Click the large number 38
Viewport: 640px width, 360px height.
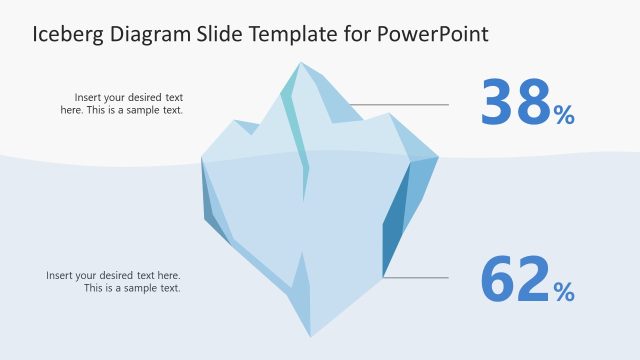(516, 104)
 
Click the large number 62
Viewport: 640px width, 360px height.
(516, 280)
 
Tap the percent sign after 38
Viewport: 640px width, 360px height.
(564, 116)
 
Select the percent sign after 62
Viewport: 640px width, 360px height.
(564, 292)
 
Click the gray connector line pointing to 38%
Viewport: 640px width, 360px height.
(400, 104)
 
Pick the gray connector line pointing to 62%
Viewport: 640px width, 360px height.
(415, 277)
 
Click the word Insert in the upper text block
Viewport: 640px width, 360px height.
(90, 98)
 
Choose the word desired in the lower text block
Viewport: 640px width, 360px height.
(128, 275)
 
